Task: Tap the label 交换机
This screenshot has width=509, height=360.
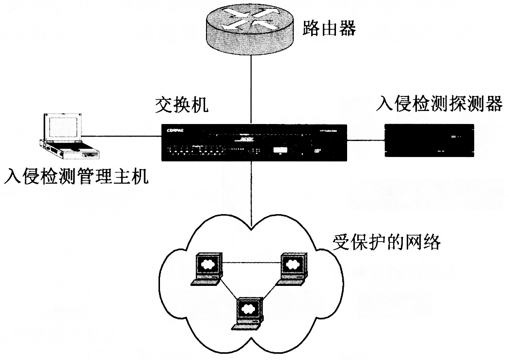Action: point(182,105)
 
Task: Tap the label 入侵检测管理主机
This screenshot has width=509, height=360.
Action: point(75,176)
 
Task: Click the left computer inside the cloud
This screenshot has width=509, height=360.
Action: point(207,268)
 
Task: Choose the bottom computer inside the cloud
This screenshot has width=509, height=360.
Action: point(249,313)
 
